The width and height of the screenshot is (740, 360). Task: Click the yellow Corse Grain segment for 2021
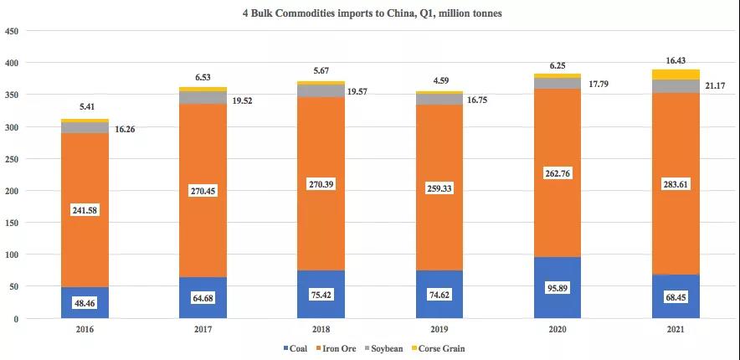click(x=676, y=75)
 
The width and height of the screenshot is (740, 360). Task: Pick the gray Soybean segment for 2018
click(x=321, y=90)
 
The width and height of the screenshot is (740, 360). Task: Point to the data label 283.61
click(x=676, y=183)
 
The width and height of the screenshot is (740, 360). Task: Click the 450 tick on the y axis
click(x=13, y=31)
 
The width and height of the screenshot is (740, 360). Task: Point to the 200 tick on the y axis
click(x=13, y=191)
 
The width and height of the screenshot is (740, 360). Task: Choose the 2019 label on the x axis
click(x=439, y=331)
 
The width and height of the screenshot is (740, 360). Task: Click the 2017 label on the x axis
click(x=203, y=331)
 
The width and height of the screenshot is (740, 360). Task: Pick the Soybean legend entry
click(x=390, y=348)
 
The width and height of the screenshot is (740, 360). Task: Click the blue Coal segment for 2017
click(x=203, y=293)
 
